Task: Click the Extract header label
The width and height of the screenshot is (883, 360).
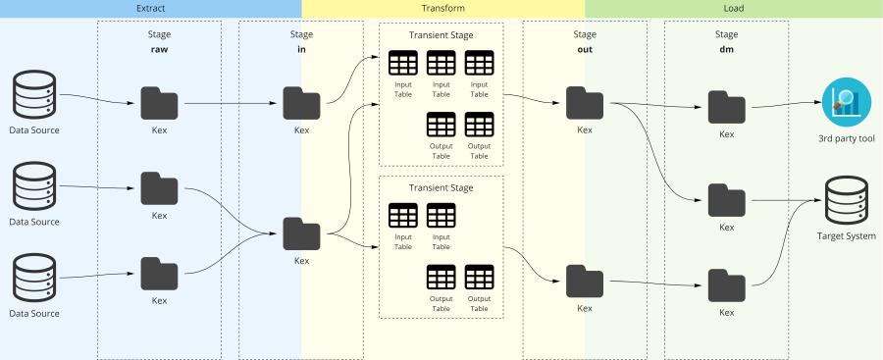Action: coord(151,9)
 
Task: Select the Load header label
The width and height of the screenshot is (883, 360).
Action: coord(733,9)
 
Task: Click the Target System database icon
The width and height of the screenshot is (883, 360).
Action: coord(846,200)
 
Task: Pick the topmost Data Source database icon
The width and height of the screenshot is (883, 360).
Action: coord(35,97)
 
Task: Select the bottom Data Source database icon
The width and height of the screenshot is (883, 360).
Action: coord(35,280)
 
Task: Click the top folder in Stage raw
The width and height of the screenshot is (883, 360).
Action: coord(159,102)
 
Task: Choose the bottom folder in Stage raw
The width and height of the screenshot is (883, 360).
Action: coord(159,273)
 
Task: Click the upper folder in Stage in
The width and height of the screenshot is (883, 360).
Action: coord(301,102)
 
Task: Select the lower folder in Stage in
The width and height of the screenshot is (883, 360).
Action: coord(301,233)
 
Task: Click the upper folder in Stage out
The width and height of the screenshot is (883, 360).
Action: coord(585,102)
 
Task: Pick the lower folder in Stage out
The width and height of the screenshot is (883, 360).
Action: coord(585,281)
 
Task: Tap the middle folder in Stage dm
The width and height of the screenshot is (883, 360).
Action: coord(726,200)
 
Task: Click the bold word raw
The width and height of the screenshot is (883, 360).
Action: coord(159,48)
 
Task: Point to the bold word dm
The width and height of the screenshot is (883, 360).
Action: coord(726,48)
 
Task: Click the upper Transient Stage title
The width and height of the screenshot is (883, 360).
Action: coord(441,34)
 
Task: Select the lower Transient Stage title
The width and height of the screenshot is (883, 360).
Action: coord(441,187)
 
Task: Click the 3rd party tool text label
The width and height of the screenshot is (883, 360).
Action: coord(846,138)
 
